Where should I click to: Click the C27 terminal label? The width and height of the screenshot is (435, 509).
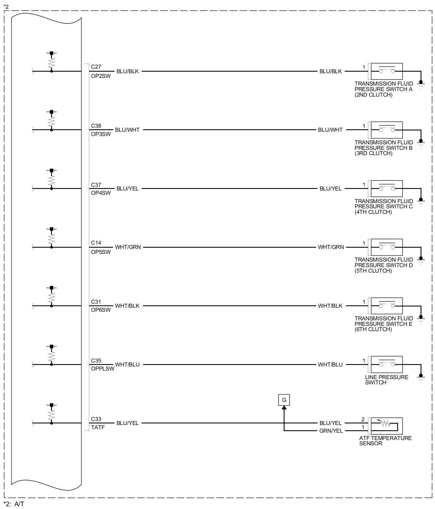click(x=96, y=67)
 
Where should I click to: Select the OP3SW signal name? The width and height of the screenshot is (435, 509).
click(x=101, y=134)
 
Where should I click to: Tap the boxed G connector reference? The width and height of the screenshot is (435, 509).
click(x=284, y=400)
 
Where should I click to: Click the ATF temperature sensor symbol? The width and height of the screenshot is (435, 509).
click(x=387, y=426)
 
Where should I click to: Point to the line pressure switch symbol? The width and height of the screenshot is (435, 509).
click(x=387, y=364)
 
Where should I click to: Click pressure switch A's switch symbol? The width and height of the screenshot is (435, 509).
click(x=387, y=71)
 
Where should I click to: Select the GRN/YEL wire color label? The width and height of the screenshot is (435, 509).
click(x=331, y=431)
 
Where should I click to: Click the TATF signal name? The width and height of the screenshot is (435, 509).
click(x=98, y=427)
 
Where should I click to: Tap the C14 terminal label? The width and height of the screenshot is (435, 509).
click(x=96, y=243)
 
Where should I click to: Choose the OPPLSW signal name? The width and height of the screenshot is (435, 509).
click(x=102, y=369)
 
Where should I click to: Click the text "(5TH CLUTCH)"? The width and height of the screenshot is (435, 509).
click(x=373, y=271)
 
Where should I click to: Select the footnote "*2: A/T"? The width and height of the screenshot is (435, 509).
click(x=14, y=504)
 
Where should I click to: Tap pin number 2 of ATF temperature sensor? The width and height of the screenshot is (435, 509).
click(x=363, y=419)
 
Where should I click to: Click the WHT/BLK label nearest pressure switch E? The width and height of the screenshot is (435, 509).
click(x=330, y=306)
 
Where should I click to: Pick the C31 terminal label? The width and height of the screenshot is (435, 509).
click(x=96, y=302)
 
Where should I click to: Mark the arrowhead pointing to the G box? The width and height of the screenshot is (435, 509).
click(x=284, y=408)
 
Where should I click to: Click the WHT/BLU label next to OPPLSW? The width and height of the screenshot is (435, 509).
click(x=127, y=365)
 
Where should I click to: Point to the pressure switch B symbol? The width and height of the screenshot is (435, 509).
click(x=387, y=130)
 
